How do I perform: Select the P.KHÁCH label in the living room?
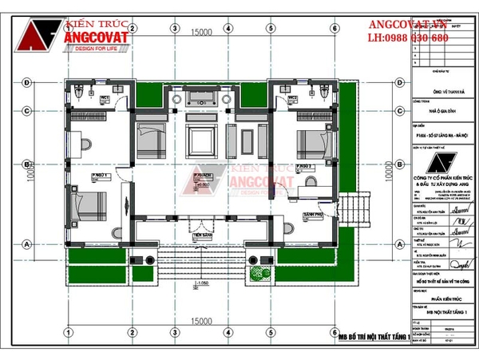(200, 175)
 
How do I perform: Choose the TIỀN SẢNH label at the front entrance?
(200, 237)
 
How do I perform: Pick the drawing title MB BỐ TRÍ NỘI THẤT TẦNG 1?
(374, 337)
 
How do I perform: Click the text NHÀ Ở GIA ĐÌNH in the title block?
(432, 113)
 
